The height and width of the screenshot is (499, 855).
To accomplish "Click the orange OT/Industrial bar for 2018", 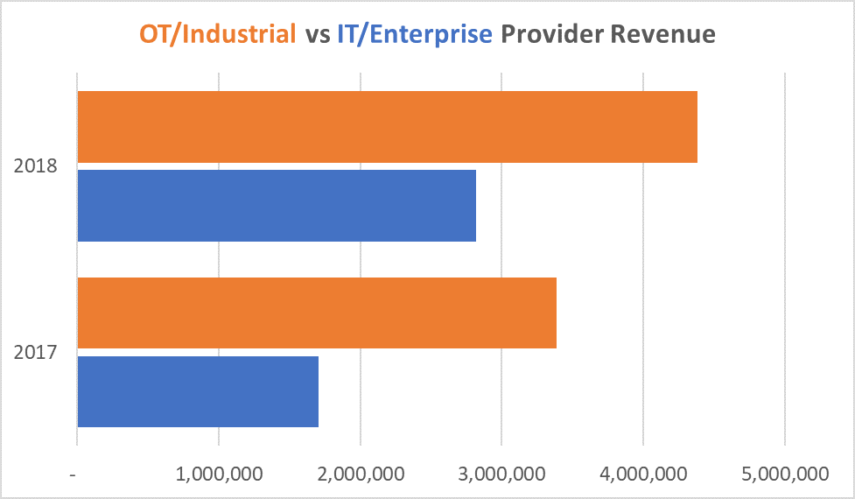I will [387, 127].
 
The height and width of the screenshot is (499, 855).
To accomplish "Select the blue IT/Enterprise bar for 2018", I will [277, 206].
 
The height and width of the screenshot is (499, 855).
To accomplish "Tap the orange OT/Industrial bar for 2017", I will [317, 313].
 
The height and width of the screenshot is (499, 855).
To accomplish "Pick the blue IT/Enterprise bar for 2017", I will [198, 391].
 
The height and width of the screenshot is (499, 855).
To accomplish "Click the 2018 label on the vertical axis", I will [36, 166].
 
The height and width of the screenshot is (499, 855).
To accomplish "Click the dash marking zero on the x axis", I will [76, 474].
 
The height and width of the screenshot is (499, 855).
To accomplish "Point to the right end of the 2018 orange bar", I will [696, 127].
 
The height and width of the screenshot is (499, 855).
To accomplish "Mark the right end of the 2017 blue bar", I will [317, 391].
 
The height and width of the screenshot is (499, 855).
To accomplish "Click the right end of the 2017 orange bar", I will [555, 313].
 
